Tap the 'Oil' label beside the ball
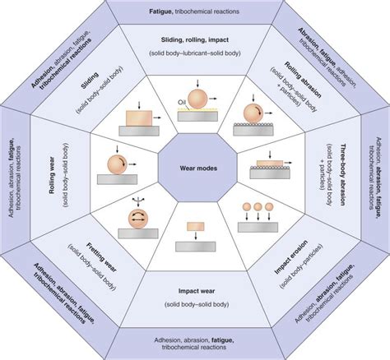tap(183, 103)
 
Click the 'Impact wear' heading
tap(195, 292)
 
